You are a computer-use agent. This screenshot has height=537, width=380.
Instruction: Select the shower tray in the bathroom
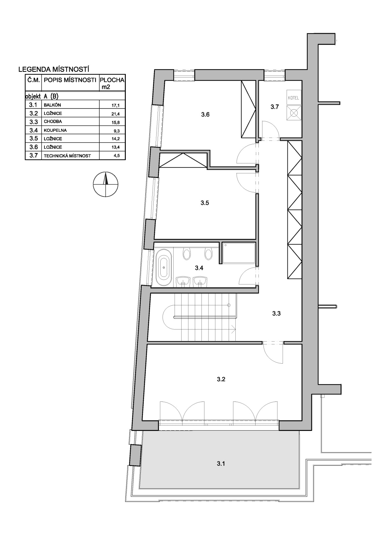239,253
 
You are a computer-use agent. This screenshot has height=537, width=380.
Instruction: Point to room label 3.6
205,115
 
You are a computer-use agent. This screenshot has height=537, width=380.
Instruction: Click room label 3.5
205,203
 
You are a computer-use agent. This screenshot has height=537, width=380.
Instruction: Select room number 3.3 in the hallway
276,313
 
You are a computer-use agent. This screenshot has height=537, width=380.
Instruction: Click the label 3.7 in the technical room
274,107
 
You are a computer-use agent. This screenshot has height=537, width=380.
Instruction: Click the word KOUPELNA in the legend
55,130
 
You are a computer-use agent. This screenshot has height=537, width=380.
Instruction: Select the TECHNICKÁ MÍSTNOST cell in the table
67,156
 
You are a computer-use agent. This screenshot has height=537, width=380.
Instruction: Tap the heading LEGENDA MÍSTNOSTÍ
54,70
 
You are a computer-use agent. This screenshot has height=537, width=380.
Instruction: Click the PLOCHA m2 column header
112,83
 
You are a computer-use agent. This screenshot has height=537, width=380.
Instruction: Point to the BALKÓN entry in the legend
52,105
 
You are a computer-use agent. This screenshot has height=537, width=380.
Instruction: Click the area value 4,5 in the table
117,156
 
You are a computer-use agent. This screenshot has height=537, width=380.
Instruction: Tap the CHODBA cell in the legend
53,122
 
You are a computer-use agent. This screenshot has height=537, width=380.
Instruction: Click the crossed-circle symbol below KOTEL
294,112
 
